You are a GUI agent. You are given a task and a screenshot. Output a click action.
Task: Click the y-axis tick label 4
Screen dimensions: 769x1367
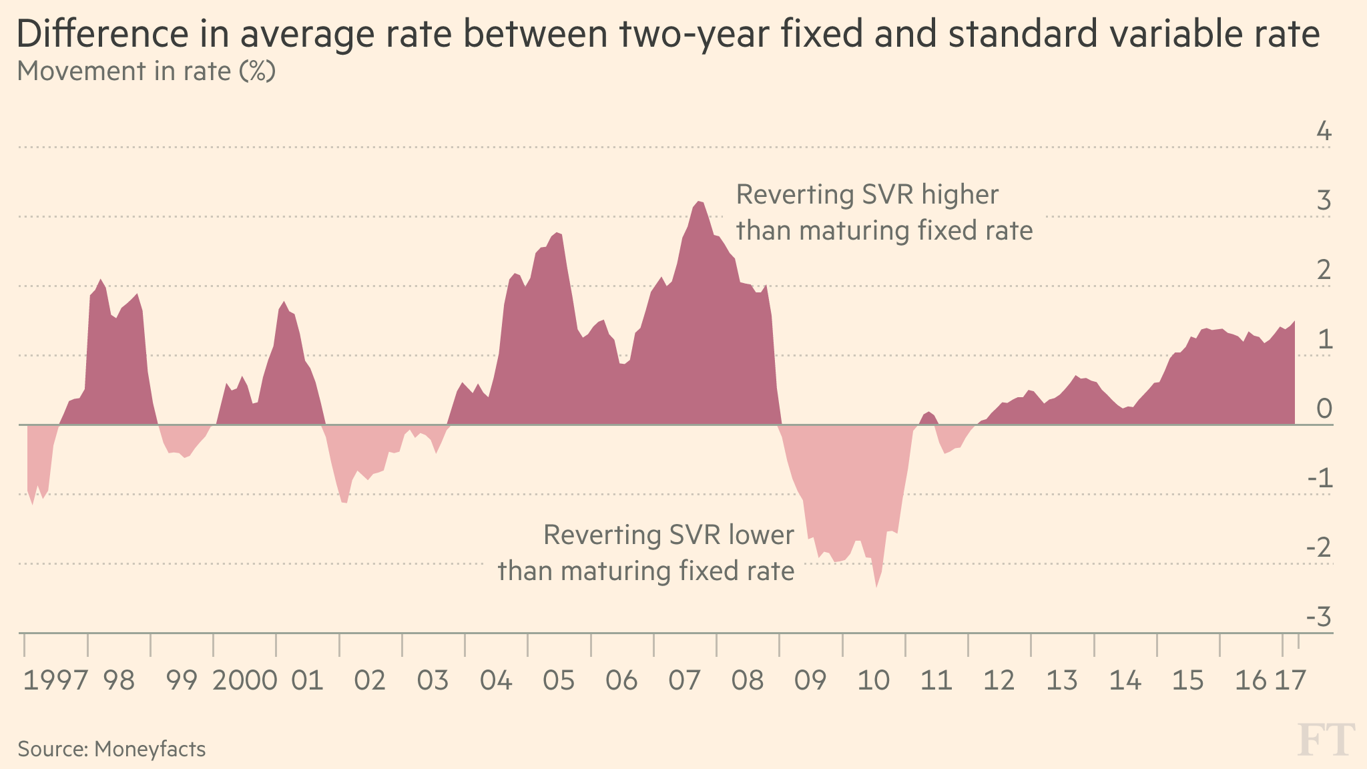coord(1324,132)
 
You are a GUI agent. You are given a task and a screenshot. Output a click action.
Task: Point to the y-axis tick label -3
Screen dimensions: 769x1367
coord(1318,617)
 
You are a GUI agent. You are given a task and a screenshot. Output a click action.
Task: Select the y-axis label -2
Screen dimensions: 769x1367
coord(1318,548)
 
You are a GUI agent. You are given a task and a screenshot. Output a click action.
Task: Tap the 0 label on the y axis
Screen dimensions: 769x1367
coord(1324,409)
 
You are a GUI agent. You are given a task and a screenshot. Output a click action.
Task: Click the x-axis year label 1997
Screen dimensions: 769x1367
coord(55,681)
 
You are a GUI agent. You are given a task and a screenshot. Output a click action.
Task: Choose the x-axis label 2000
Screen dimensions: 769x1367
coord(245,681)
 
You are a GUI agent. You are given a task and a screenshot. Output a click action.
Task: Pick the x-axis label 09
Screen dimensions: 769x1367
coord(810,681)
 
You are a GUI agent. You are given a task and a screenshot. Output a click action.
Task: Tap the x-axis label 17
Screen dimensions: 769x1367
coord(1290,681)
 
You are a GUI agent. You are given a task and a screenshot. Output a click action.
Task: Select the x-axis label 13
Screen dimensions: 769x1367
coord(1062,681)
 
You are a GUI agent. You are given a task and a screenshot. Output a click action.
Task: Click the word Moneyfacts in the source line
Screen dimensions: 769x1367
coord(150,749)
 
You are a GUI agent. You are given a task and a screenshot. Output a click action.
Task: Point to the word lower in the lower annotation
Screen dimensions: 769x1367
coord(762,535)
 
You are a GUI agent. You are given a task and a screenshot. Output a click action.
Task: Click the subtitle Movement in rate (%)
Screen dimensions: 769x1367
coord(146,71)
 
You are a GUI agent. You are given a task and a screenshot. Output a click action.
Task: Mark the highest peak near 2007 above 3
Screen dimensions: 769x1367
coord(699,202)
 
